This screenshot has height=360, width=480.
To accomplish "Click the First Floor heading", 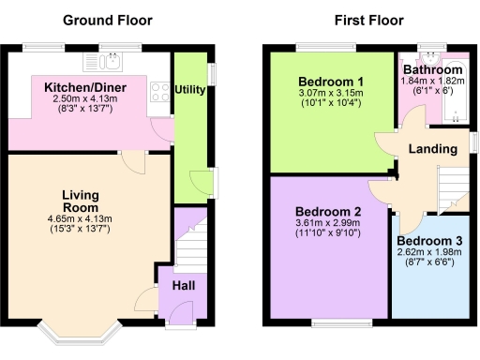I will click(371, 20).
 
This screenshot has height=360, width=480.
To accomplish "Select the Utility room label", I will click(190, 91).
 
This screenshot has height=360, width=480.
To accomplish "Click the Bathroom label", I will click(432, 70).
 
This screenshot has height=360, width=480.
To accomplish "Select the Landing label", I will click(432, 149).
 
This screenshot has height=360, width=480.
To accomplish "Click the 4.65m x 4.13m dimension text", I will click(80, 219).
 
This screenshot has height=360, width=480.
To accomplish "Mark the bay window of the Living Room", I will click(81, 331).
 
